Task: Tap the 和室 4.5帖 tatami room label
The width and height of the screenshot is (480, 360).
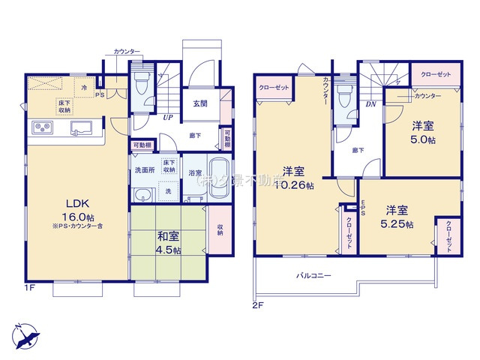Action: click(169, 243)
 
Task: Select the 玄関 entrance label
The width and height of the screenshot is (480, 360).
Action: click(200, 104)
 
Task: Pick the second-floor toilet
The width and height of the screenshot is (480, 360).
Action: click(345, 96)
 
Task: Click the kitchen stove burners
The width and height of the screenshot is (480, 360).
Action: click(41, 128)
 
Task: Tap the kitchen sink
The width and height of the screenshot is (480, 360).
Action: click(81, 128)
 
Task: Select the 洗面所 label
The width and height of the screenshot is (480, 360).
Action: click(144, 170)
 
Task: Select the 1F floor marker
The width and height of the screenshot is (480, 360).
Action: click(30, 287)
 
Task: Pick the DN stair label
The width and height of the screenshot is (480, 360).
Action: click(370, 104)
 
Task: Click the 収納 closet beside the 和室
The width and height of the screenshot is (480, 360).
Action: click(220, 229)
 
